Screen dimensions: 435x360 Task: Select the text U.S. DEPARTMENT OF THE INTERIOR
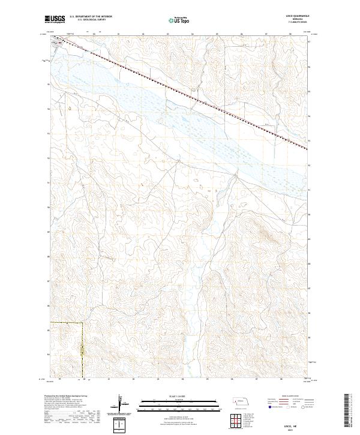pos(91,16)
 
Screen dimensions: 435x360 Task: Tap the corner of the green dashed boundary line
pos(82,323)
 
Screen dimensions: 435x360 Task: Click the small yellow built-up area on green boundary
pos(83,349)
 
